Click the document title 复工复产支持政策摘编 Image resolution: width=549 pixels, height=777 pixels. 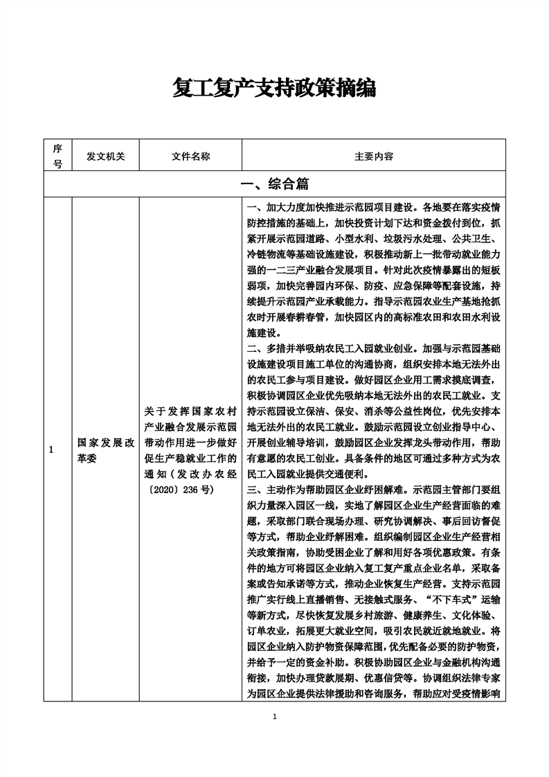274,88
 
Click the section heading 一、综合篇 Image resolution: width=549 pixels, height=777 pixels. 274,185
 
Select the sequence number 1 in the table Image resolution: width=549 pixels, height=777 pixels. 51,450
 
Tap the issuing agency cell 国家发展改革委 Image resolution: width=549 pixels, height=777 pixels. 105,450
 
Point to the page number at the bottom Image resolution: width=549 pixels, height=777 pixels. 275,716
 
